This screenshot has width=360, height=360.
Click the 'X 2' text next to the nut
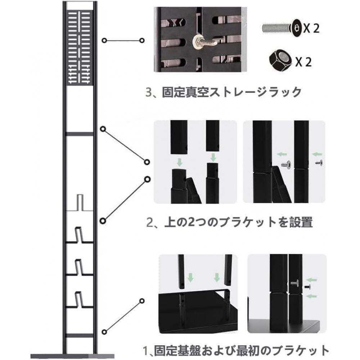point(303,62)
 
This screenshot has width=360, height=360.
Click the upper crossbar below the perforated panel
point(80,134)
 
